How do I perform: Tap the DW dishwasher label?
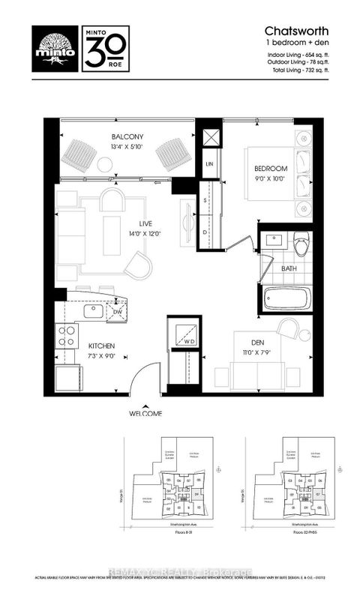116,312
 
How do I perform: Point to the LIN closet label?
210,163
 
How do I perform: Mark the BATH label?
289,268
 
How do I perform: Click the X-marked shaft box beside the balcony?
211,138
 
